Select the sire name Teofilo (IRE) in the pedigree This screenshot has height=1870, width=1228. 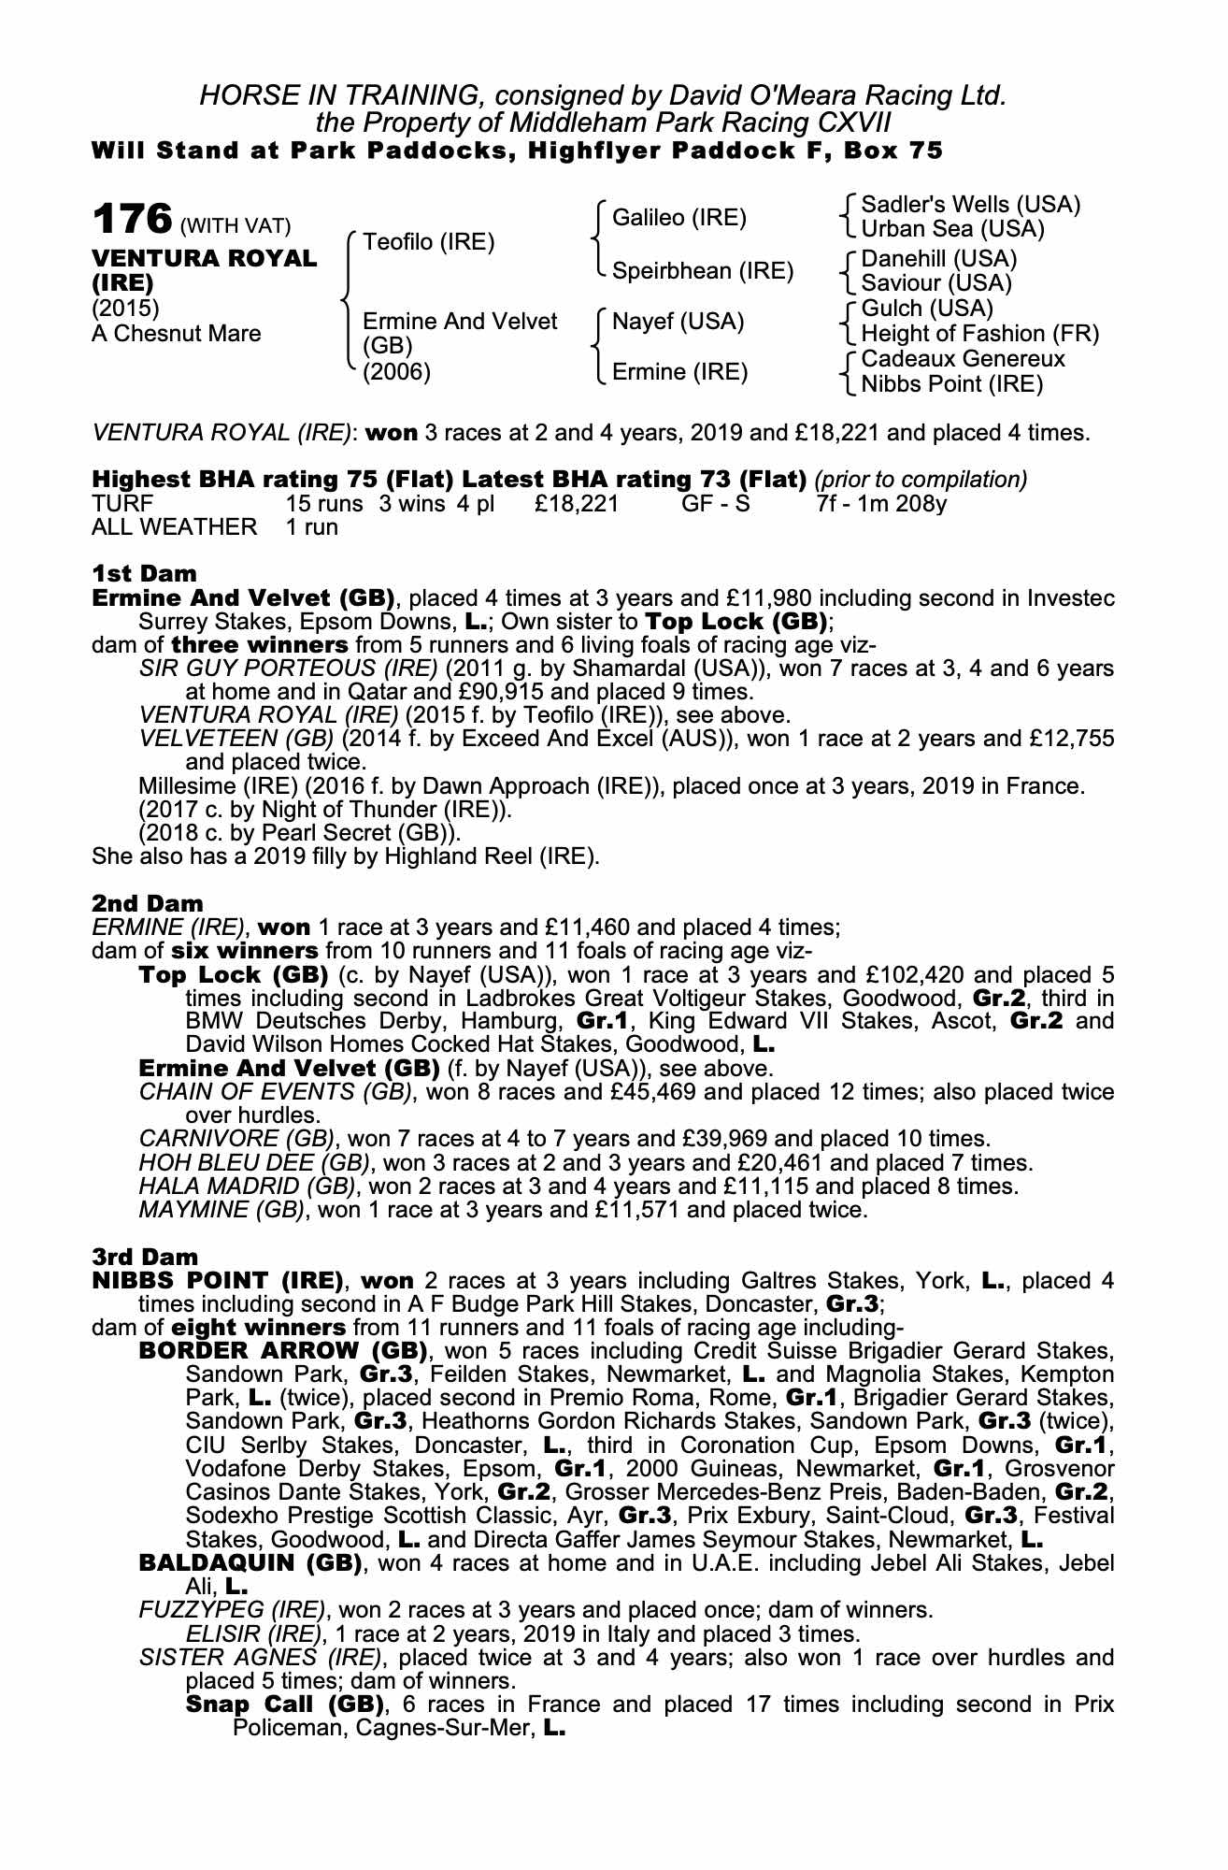pyautogui.click(x=428, y=242)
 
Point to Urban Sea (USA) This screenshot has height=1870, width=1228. pyautogui.click(x=952, y=229)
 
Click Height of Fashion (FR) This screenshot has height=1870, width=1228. pyautogui.click(x=979, y=334)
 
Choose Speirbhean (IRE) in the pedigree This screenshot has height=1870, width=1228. pyautogui.click(x=702, y=270)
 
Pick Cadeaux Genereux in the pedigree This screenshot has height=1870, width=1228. pyautogui.click(x=963, y=359)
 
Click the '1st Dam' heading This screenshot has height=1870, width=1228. pyautogui.click(x=145, y=573)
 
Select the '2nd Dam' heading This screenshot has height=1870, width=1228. pyautogui.click(x=148, y=903)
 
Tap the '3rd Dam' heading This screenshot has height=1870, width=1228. pyautogui.click(x=146, y=1257)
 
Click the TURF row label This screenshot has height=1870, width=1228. pyautogui.click(x=122, y=502)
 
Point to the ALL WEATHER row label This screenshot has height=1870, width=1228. pyautogui.click(x=174, y=526)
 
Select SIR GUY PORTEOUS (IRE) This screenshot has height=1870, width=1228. pyautogui.click(x=288, y=669)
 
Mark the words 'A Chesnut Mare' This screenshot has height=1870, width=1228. pyautogui.click(x=177, y=334)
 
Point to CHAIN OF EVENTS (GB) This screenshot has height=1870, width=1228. pyautogui.click(x=276, y=1092)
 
